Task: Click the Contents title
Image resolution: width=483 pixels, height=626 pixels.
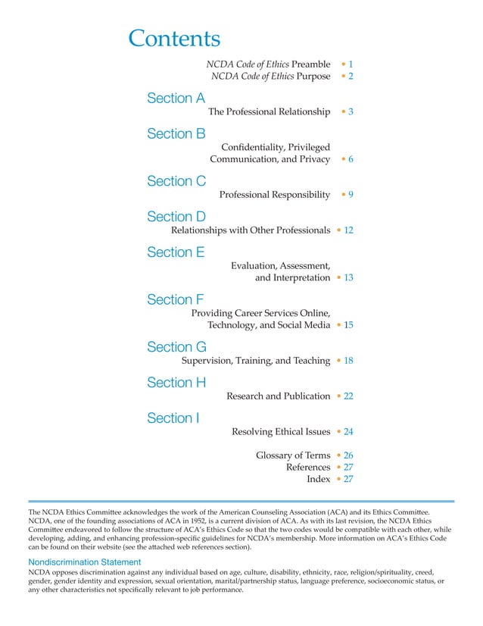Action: (174, 39)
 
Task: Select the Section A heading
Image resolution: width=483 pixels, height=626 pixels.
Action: (176, 99)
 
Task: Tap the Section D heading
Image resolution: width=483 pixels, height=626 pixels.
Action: (176, 217)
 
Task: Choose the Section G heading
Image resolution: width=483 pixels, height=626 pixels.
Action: (176, 347)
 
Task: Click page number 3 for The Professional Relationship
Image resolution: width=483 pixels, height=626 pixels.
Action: (351, 112)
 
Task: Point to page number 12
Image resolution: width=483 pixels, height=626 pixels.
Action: (349, 230)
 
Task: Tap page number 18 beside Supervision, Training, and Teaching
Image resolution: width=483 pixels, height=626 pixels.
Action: (349, 361)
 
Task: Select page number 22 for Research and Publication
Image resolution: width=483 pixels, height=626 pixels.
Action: (349, 396)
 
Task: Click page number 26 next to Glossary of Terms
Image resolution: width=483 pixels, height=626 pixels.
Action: (349, 455)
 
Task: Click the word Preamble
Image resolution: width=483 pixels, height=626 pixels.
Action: (310, 64)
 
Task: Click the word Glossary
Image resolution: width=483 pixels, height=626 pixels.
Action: (277, 455)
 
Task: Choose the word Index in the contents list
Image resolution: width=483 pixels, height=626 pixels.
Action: (318, 479)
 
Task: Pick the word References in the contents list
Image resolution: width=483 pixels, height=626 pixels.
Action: (308, 468)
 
